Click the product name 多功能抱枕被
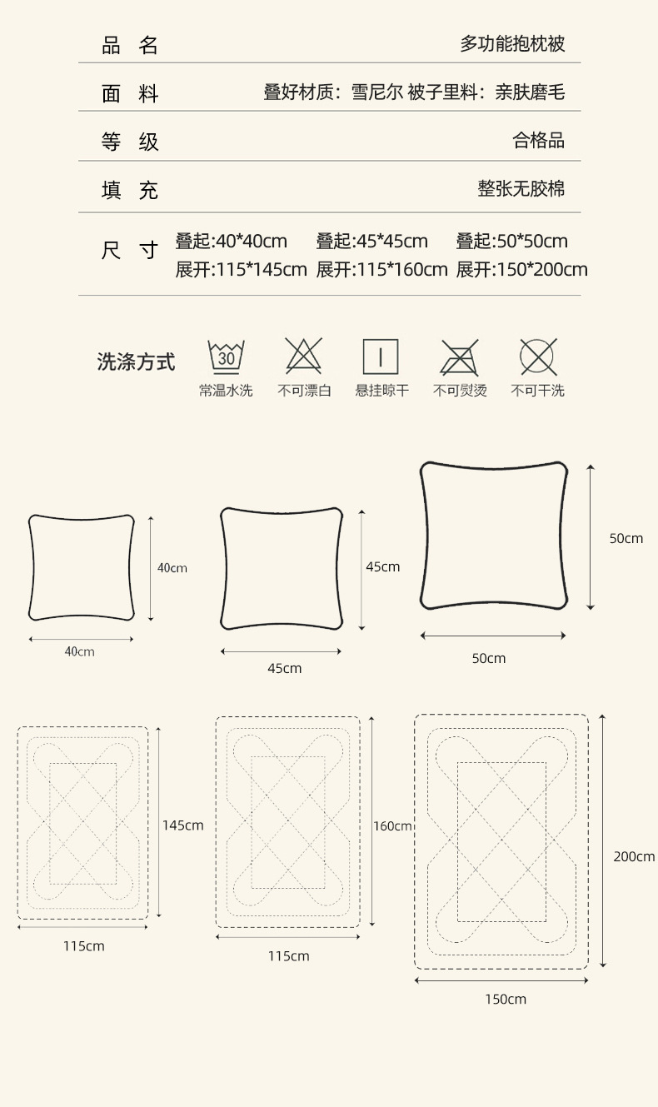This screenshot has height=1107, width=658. click(512, 44)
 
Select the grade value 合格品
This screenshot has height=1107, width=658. click(538, 141)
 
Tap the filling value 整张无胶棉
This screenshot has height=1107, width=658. click(521, 189)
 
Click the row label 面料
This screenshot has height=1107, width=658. click(130, 93)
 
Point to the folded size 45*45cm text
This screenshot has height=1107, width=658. click(371, 242)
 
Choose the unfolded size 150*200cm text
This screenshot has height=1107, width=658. click(521, 270)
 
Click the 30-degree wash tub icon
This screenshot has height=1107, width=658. click(226, 356)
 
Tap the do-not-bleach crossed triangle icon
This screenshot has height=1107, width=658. click(303, 356)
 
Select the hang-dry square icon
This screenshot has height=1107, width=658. click(381, 356)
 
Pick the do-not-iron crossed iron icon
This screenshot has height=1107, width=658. click(459, 356)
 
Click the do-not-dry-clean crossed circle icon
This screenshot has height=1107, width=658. click(537, 356)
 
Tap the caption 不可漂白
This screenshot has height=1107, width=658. click(304, 391)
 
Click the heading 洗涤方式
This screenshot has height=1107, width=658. click(137, 362)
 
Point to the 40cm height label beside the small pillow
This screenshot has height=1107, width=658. click(172, 568)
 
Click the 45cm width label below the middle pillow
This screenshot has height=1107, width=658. click(284, 668)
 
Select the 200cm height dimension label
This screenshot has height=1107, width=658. click(634, 856)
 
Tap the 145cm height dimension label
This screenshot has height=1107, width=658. click(182, 825)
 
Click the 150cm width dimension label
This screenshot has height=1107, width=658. click(506, 999)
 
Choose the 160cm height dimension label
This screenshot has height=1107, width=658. click(392, 826)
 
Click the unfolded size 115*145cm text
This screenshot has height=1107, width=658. click(241, 270)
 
